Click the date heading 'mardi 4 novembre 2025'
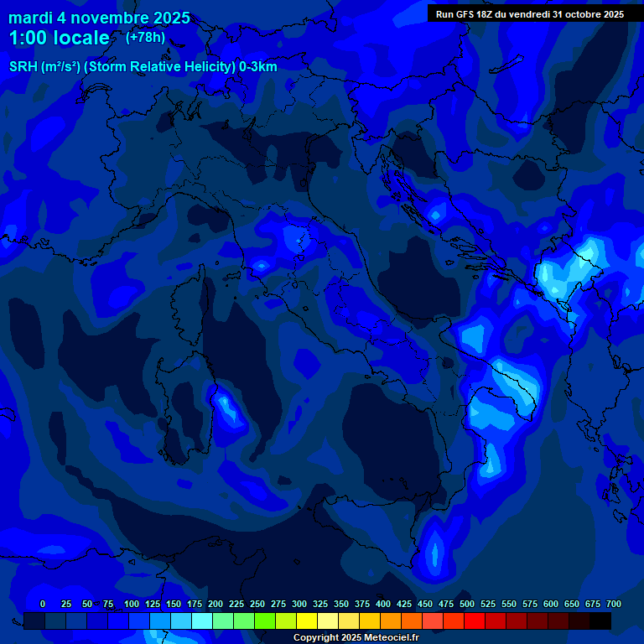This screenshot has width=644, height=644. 99,18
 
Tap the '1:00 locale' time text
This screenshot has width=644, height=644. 59,38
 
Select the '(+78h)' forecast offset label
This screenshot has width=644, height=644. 145,37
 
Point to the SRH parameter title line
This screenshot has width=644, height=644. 143,67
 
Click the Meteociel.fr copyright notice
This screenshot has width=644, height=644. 356,638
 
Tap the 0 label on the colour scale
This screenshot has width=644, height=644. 43,604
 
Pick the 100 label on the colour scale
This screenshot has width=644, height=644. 132,604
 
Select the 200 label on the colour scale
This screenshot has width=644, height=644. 216,604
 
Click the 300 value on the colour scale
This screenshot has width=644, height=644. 299,604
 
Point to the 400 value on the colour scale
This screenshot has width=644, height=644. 383,604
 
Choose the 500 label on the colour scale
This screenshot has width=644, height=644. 467,604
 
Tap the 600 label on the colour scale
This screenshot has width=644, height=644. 551,604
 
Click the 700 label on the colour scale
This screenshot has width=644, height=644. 613,604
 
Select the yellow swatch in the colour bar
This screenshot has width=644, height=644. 307,621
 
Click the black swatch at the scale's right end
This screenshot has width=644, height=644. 600,621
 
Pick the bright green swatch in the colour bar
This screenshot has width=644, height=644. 265,621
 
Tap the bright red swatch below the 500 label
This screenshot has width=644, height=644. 475,621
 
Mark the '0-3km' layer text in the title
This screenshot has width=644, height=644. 258,67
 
